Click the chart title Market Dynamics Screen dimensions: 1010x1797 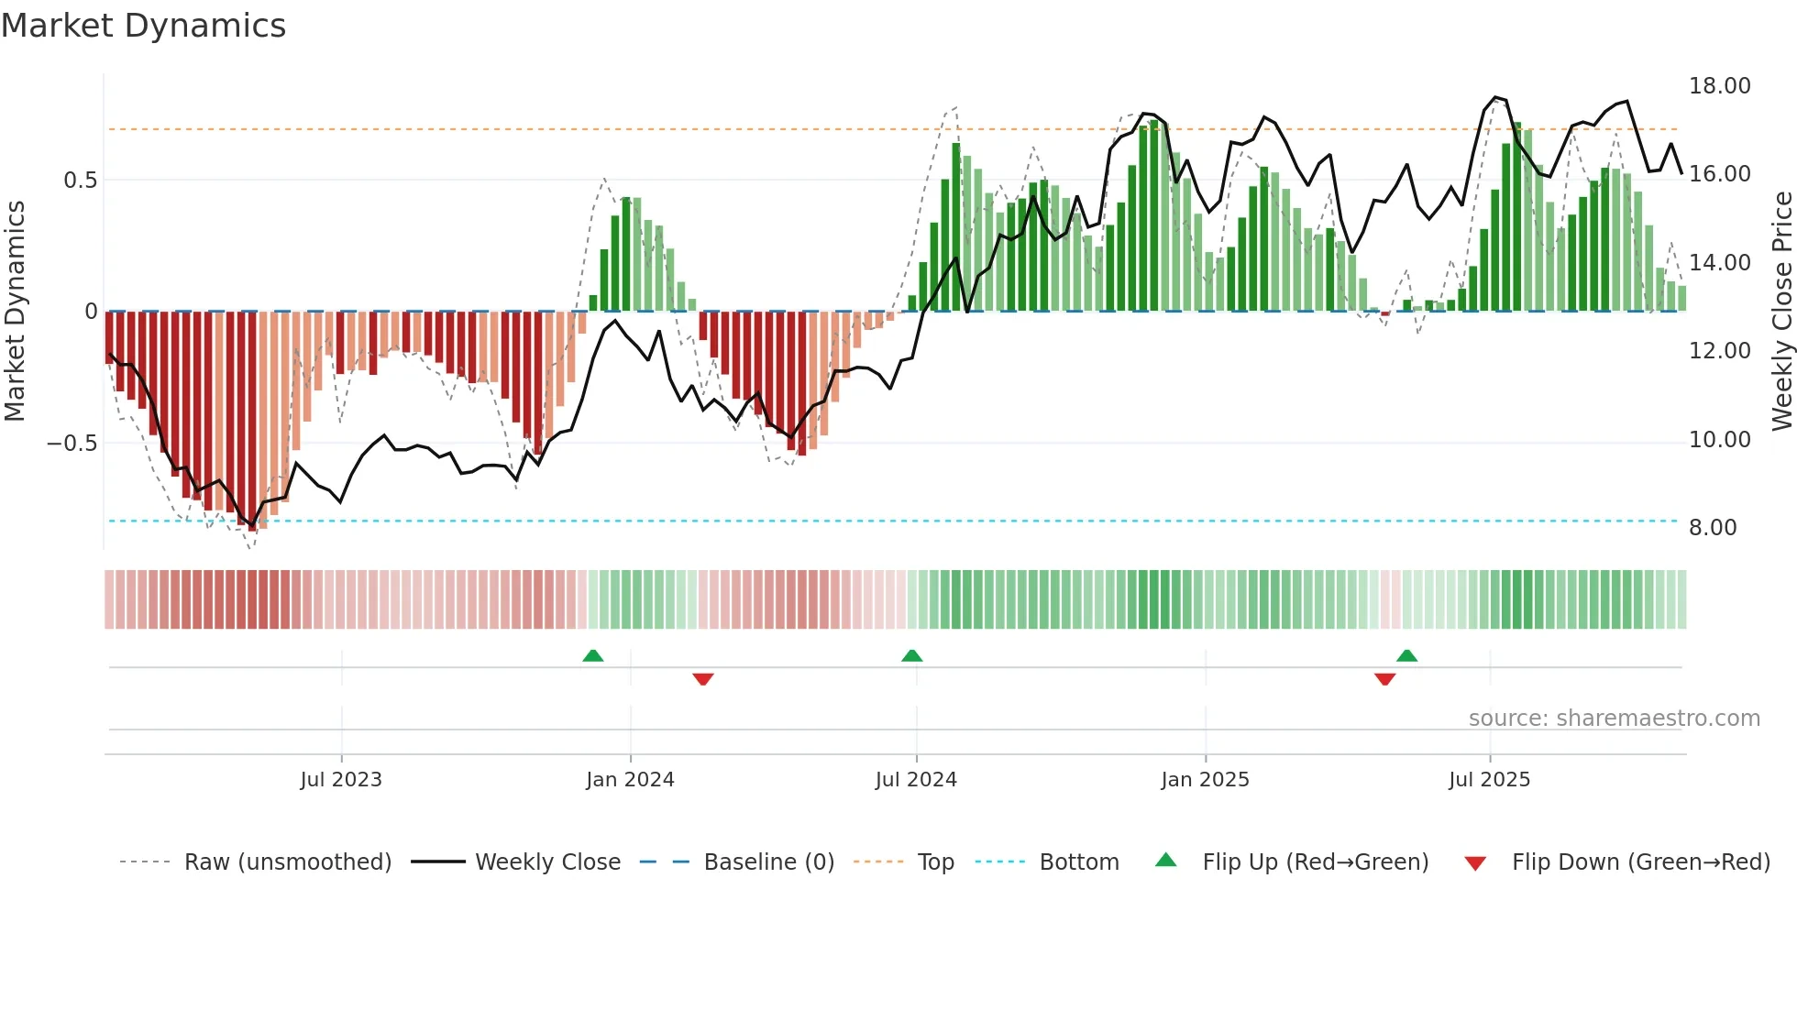pyautogui.click(x=143, y=26)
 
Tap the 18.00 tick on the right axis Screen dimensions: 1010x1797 pyautogui.click(x=1719, y=86)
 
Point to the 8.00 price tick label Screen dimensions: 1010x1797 pyautogui.click(x=1712, y=528)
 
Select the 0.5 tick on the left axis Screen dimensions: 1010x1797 pyautogui.click(x=80, y=181)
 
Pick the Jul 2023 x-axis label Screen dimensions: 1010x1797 pyautogui.click(x=340, y=780)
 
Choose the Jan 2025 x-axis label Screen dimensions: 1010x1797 pyautogui.click(x=1204, y=780)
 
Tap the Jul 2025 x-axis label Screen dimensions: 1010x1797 pyautogui.click(x=1489, y=780)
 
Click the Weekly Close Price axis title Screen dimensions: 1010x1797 pyautogui.click(x=1781, y=312)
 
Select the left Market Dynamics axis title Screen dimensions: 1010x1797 pyautogui.click(x=15, y=312)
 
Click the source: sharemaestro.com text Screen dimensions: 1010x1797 pyautogui.click(x=1614, y=719)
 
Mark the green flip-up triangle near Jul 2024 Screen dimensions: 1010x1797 pyautogui.click(x=911, y=656)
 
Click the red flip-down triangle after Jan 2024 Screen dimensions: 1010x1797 pyautogui.click(x=703, y=679)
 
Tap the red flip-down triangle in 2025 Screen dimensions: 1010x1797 pyautogui.click(x=1384, y=679)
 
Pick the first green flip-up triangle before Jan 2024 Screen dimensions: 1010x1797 pyautogui.click(x=593, y=656)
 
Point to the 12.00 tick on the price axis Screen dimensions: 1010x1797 pyautogui.click(x=1719, y=351)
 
